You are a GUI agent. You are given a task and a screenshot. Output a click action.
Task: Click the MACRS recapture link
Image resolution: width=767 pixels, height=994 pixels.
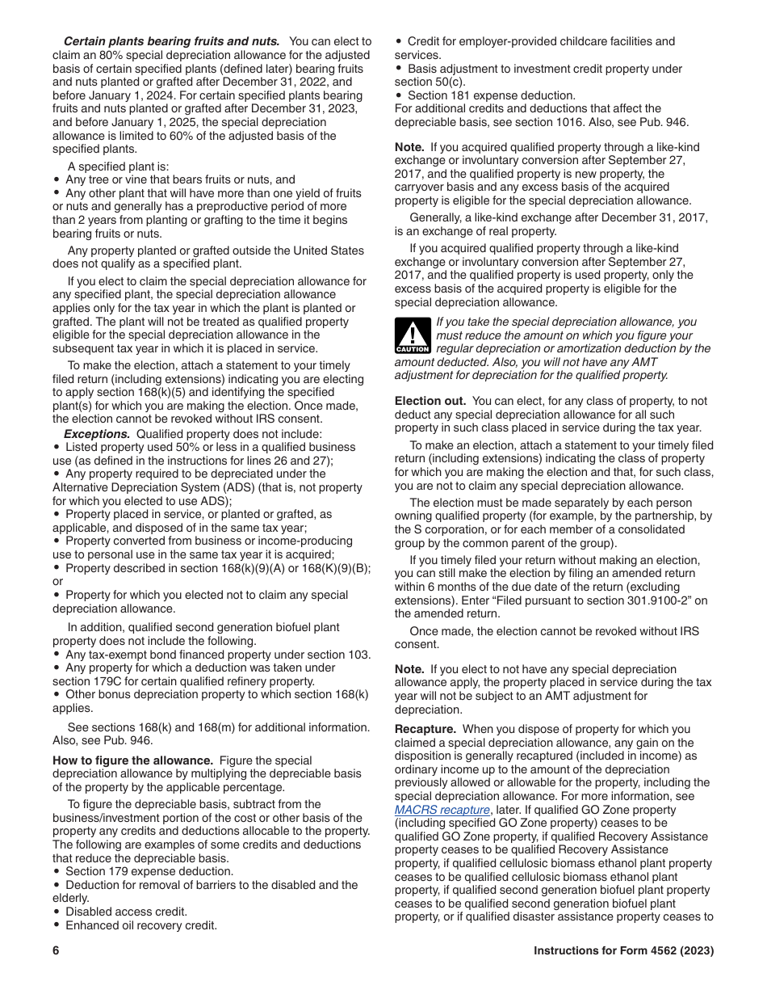pyautogui.click(x=442, y=810)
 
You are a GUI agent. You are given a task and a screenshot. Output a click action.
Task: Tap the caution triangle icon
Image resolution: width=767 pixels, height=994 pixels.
pyautogui.click(x=412, y=335)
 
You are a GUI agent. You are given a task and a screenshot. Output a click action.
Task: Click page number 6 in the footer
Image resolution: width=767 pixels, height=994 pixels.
pyautogui.click(x=57, y=951)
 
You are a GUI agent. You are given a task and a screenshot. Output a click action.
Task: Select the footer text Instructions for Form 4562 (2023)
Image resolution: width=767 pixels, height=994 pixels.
pyautogui.click(x=623, y=951)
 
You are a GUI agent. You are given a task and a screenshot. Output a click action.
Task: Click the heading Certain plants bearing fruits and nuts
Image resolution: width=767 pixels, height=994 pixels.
pyautogui.click(x=171, y=41)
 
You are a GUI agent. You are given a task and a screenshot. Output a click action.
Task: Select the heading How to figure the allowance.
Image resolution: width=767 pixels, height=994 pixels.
pyautogui.click(x=132, y=760)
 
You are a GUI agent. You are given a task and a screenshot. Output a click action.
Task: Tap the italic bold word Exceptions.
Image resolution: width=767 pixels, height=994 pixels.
pyautogui.click(x=97, y=434)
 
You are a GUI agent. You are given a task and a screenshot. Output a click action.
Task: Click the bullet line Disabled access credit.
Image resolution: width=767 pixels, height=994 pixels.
pyautogui.click(x=126, y=912)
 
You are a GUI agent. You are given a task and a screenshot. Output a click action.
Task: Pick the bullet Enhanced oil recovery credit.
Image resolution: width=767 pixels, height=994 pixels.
pyautogui.click(x=141, y=925)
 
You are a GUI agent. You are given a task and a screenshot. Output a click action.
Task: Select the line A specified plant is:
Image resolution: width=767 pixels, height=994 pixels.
pyautogui.click(x=118, y=166)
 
